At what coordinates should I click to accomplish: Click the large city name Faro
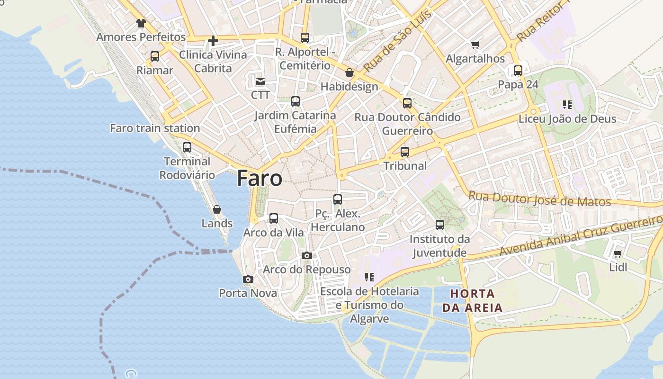click(260, 179)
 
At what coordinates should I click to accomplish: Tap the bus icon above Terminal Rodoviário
click(187, 147)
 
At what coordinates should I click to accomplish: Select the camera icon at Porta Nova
click(248, 280)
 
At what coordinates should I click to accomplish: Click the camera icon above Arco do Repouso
click(306, 256)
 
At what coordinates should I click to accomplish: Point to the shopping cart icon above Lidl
click(618, 254)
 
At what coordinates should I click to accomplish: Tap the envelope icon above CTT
click(260, 81)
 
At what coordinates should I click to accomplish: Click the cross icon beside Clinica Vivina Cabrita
click(213, 41)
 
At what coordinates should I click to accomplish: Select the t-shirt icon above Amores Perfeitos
click(141, 23)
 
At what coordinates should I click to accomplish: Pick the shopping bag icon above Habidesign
click(349, 72)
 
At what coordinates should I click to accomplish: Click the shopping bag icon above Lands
click(217, 209)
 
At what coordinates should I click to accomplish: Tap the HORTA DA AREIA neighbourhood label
click(472, 300)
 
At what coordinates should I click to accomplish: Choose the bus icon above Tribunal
click(404, 152)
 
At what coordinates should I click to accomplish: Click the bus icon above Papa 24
click(518, 71)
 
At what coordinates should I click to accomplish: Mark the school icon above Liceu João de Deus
click(567, 105)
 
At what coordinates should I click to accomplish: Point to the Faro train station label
click(155, 128)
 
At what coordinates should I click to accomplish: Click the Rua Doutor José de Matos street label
click(539, 199)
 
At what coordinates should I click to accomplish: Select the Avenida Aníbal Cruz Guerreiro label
click(580, 236)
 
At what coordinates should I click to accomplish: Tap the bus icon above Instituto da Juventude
click(440, 225)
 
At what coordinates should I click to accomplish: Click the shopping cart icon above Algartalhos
click(475, 45)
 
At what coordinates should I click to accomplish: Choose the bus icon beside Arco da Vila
click(274, 218)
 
